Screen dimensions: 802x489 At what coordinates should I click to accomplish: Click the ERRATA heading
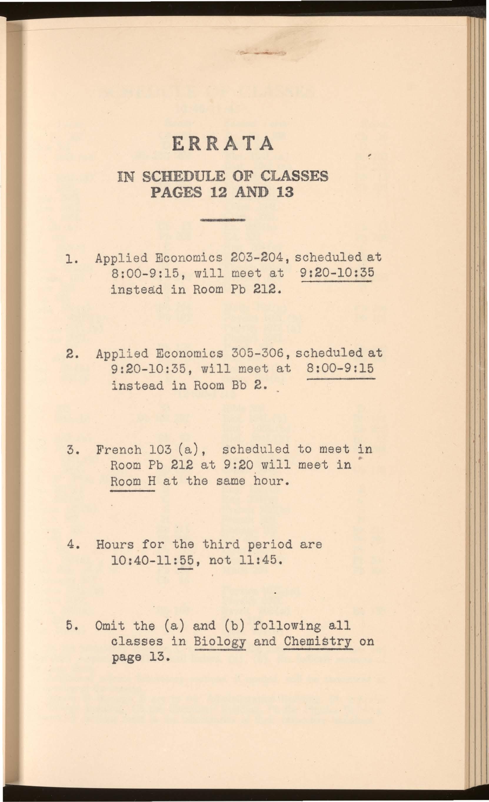click(223, 143)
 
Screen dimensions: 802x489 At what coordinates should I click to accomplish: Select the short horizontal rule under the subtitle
click(223, 220)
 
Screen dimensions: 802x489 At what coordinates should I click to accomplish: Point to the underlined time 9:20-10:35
click(337, 273)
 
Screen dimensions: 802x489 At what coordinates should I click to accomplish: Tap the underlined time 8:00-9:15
click(340, 369)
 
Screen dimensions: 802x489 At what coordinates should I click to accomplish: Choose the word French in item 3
click(119, 450)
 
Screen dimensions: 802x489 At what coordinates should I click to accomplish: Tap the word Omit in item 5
click(110, 626)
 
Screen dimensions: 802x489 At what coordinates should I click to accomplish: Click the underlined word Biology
click(219, 641)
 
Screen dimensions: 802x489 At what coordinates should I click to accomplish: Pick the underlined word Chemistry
click(318, 641)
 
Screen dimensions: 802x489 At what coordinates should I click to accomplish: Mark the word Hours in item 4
click(115, 544)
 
